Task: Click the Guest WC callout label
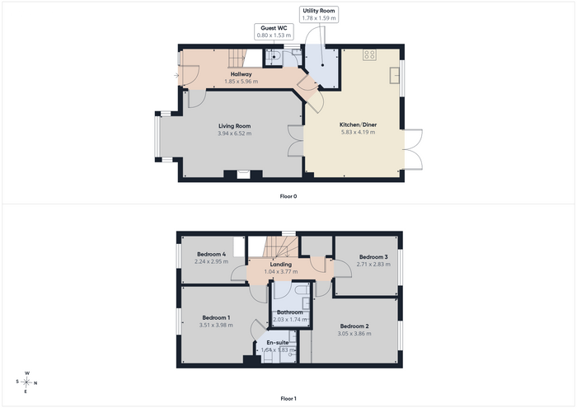pyautogui.click(x=274, y=31)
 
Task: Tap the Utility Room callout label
pyautogui.click(x=319, y=14)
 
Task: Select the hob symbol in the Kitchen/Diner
pyautogui.click(x=369, y=55)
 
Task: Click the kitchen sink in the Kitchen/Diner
pyautogui.click(x=395, y=76)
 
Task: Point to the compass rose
pyautogui.click(x=26, y=382)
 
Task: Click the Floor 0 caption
pyautogui.click(x=288, y=196)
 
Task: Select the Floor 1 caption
pyautogui.click(x=288, y=398)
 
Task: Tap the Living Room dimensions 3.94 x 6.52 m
pyautogui.click(x=234, y=134)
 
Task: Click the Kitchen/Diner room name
pyautogui.click(x=358, y=124)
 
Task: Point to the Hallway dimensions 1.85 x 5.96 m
pyautogui.click(x=241, y=82)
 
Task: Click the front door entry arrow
pyautogui.click(x=176, y=76)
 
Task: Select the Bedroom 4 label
pyautogui.click(x=211, y=254)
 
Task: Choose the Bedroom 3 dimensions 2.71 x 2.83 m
pyautogui.click(x=373, y=264)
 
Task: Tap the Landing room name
pyautogui.click(x=281, y=264)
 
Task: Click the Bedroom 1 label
pyautogui.click(x=216, y=318)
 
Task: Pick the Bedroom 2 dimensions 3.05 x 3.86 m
pyautogui.click(x=354, y=334)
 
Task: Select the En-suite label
pyautogui.click(x=278, y=343)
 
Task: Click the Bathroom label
pyautogui.click(x=290, y=312)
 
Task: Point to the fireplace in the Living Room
pyautogui.click(x=243, y=175)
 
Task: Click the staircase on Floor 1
pyautogui.click(x=279, y=246)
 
